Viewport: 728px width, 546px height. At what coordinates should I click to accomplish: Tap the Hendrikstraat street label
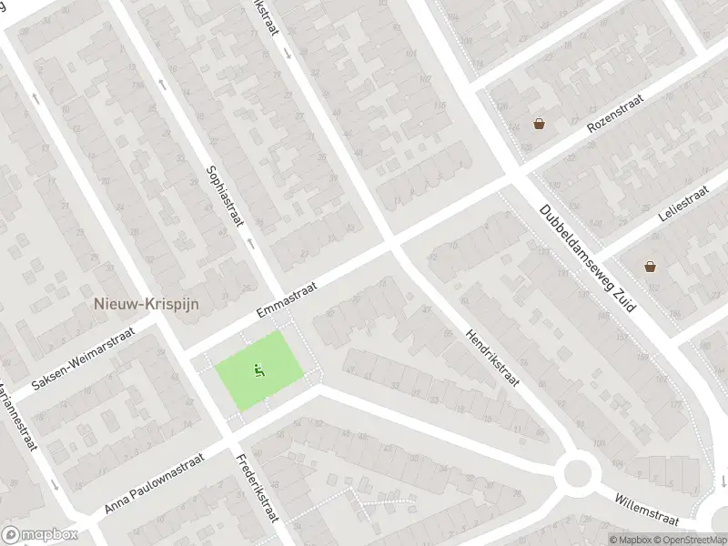[491, 357]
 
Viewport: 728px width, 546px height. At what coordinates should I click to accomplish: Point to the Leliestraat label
[682, 206]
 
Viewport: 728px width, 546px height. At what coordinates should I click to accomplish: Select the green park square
[258, 371]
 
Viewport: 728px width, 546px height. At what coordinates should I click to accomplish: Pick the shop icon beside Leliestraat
[650, 266]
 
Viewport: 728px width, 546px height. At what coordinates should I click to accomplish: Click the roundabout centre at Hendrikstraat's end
[577, 472]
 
